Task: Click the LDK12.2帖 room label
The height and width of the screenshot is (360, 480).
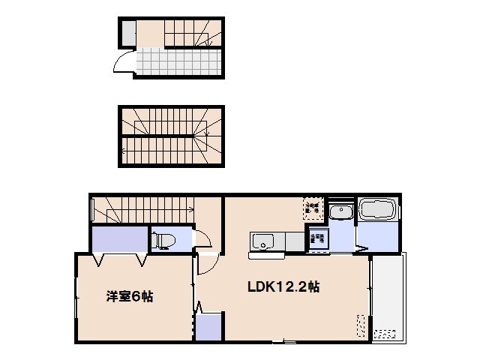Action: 284,287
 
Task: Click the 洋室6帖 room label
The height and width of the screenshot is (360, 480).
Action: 129,296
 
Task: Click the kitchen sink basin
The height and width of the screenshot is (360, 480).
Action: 263,241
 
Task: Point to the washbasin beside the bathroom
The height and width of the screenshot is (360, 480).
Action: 341,213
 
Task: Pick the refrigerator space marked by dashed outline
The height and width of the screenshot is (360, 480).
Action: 313,207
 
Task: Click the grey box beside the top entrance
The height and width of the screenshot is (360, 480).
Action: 128,34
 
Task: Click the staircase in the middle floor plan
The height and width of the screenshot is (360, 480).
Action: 172,136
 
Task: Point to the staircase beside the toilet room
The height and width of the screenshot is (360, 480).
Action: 150,209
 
